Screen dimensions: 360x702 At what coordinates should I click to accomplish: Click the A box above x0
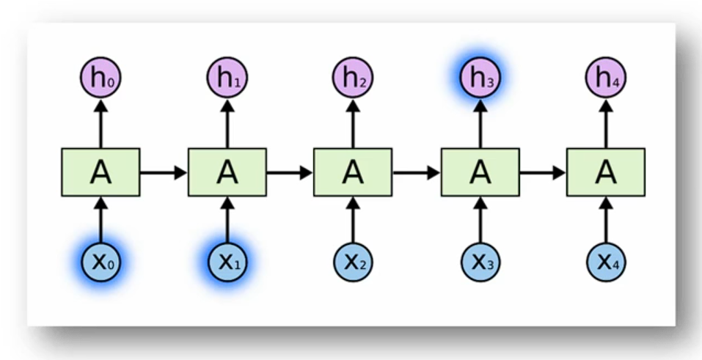[100, 172]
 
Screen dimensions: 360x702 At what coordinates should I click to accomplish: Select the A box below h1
[227, 172]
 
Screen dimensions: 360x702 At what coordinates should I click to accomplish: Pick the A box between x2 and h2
[353, 172]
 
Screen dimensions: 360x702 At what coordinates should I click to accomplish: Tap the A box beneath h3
[480, 172]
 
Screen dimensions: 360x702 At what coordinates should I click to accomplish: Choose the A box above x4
[606, 172]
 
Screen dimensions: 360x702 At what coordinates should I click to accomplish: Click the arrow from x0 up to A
[100, 220]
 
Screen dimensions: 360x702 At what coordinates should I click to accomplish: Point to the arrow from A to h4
[606, 122]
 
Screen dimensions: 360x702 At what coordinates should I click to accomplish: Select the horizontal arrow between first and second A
[164, 173]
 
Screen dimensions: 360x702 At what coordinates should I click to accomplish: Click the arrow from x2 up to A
[353, 220]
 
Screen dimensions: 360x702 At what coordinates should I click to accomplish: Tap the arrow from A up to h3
[480, 122]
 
